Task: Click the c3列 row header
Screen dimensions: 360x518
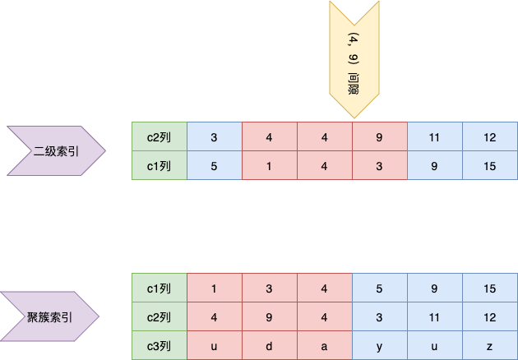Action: (x=159, y=345)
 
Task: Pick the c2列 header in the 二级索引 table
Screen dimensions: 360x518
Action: (x=159, y=136)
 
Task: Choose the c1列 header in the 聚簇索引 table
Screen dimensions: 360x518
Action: (x=159, y=288)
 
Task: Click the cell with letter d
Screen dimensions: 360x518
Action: (x=270, y=345)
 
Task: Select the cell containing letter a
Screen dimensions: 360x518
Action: (x=325, y=345)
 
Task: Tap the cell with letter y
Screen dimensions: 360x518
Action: (x=380, y=345)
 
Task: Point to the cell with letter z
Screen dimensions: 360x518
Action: (x=490, y=345)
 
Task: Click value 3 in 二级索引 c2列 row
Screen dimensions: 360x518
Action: (x=215, y=136)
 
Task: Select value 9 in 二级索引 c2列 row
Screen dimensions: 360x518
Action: (x=380, y=136)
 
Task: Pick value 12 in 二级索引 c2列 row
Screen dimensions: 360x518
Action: (x=490, y=136)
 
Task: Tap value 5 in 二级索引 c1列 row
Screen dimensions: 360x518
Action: (x=215, y=165)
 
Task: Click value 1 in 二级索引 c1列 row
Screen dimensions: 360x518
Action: (x=270, y=165)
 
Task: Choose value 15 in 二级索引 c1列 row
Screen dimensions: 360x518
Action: (x=490, y=165)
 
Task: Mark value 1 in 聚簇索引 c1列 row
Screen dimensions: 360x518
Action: (x=215, y=288)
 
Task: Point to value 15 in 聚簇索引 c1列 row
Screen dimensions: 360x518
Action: (x=490, y=288)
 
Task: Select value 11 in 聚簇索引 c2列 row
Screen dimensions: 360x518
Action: (x=435, y=316)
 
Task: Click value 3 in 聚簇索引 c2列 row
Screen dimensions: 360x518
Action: (x=380, y=316)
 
